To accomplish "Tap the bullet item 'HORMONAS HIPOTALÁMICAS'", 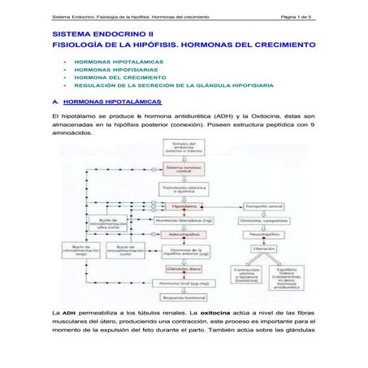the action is click(x=118, y=62).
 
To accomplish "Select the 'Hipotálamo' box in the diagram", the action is click(x=183, y=207).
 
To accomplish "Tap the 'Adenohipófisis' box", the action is click(x=183, y=231).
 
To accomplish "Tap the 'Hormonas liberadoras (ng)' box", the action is click(x=183, y=219).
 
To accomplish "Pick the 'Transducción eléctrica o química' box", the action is click(x=183, y=190).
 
